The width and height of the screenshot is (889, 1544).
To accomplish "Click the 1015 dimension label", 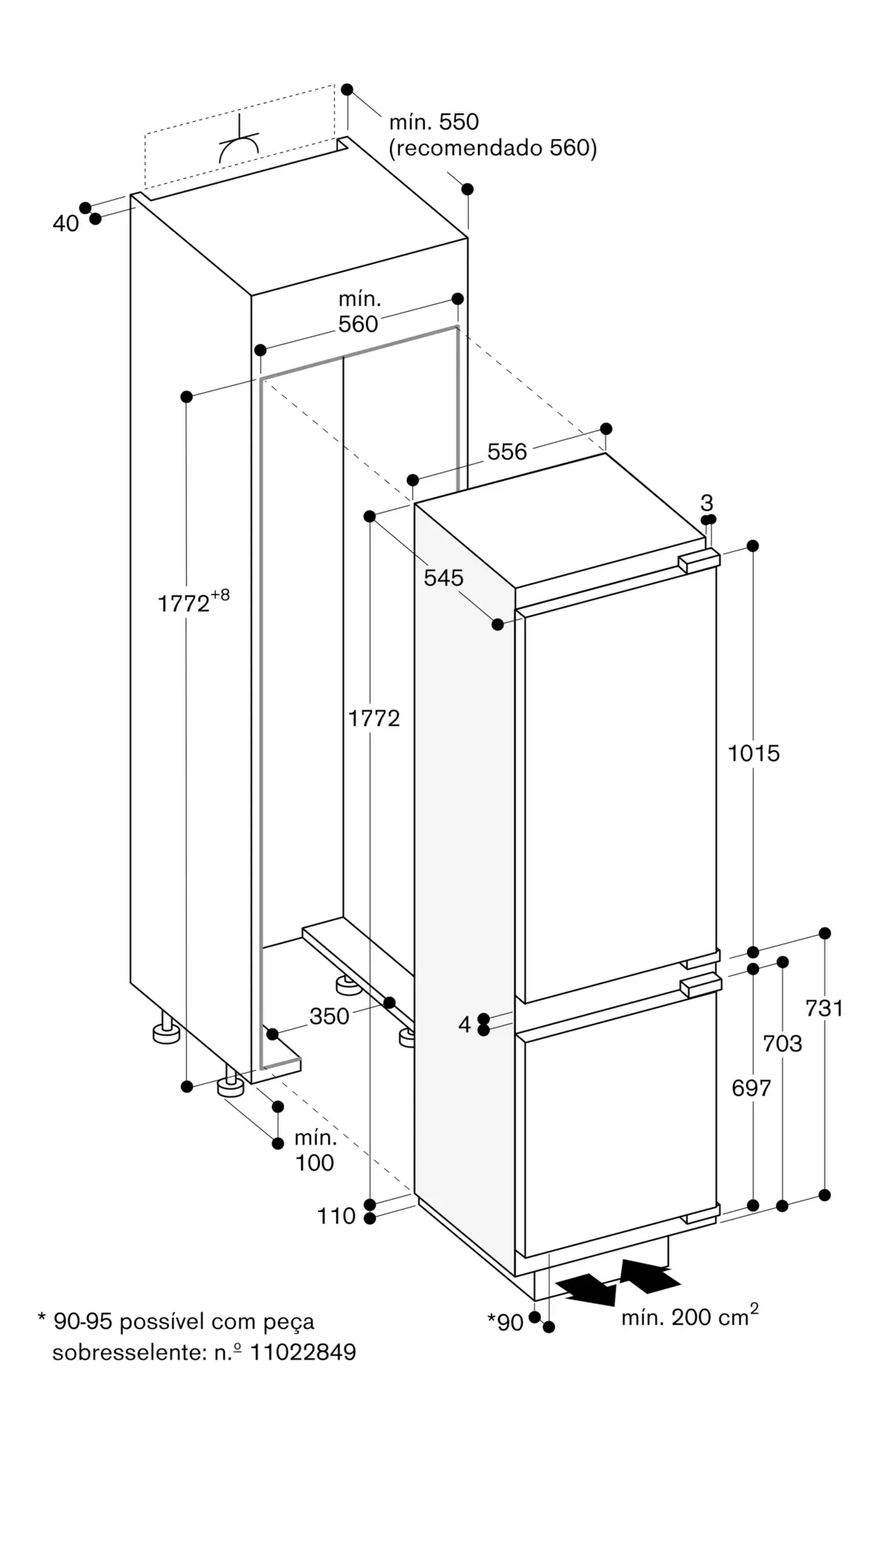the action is [x=753, y=753].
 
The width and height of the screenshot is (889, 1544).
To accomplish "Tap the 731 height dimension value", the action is [x=824, y=1007].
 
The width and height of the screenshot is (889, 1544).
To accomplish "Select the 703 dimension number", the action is [x=782, y=1043].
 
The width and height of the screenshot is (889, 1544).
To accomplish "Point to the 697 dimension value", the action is [x=751, y=1088].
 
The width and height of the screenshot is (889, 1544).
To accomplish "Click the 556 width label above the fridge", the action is [x=507, y=452].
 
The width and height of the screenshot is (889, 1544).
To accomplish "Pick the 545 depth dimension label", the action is [x=443, y=577].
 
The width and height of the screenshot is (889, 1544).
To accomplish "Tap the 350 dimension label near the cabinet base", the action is [x=329, y=1016].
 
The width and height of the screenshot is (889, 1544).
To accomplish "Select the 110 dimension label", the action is [x=336, y=1216].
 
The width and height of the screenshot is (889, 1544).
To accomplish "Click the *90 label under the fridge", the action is [x=506, y=1322].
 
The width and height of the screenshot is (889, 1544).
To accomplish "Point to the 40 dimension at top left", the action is [x=66, y=223].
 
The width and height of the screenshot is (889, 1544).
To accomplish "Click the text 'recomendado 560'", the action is [x=493, y=147].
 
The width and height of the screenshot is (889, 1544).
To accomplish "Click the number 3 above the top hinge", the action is [x=707, y=503].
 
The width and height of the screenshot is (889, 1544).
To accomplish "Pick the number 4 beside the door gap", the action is [x=464, y=1024].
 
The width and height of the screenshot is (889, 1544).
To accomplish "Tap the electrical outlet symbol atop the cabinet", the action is [x=239, y=143].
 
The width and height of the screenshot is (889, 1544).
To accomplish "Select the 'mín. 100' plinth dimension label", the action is [x=314, y=1150].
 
